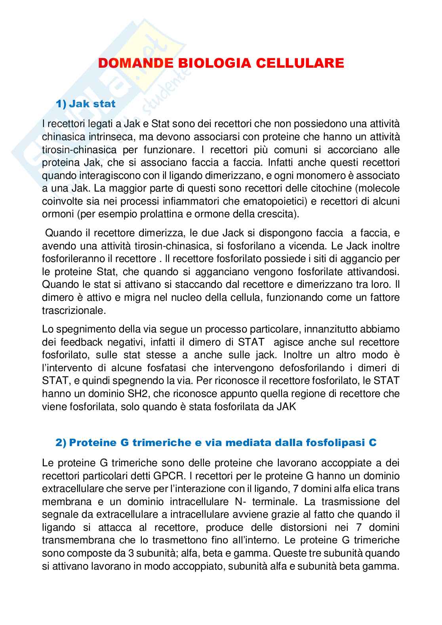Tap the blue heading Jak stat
tap(92, 104)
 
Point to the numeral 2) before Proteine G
tap(61, 443)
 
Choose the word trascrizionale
tap(74, 310)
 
